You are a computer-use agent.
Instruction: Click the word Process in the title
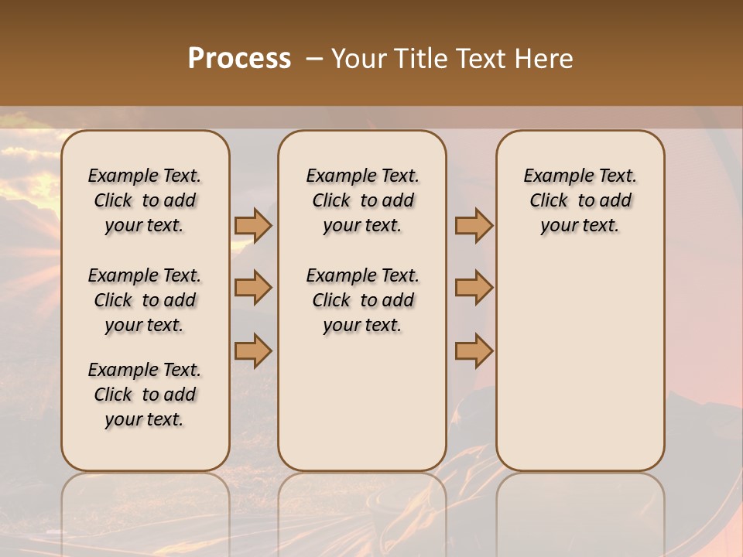(239, 59)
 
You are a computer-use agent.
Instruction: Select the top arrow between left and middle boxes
(253, 225)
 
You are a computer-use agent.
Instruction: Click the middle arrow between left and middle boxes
(253, 288)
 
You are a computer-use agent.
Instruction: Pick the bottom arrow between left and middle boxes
(253, 350)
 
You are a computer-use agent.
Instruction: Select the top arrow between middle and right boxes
(474, 225)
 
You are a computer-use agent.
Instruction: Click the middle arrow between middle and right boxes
(474, 288)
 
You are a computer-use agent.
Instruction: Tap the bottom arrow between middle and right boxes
(474, 350)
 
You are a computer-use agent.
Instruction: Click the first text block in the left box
(145, 200)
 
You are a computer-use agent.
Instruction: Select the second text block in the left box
(145, 300)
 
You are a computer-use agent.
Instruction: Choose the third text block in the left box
(145, 395)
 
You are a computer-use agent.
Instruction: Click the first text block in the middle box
(362, 200)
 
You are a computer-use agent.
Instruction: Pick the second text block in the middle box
(362, 300)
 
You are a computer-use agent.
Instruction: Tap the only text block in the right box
(580, 200)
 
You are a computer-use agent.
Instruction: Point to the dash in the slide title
(314, 59)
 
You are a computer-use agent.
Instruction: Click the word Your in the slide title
(358, 59)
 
